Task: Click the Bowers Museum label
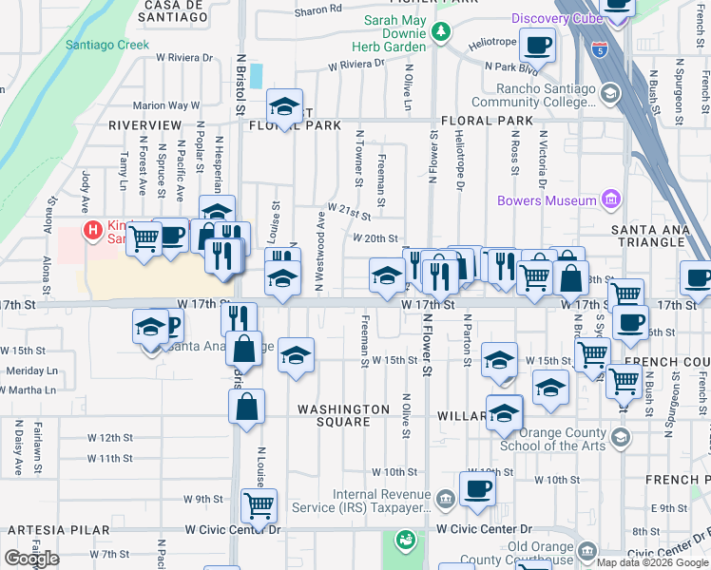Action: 547,199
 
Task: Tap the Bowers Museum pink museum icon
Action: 610,199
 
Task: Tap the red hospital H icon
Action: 92,229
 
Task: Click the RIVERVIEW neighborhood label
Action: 144,124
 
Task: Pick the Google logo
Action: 31,559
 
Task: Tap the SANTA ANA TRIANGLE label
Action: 660,230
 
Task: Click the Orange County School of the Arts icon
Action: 621,437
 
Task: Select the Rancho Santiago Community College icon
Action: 608,93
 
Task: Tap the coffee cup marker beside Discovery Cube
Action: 537,45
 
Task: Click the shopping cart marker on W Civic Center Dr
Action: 259,504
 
